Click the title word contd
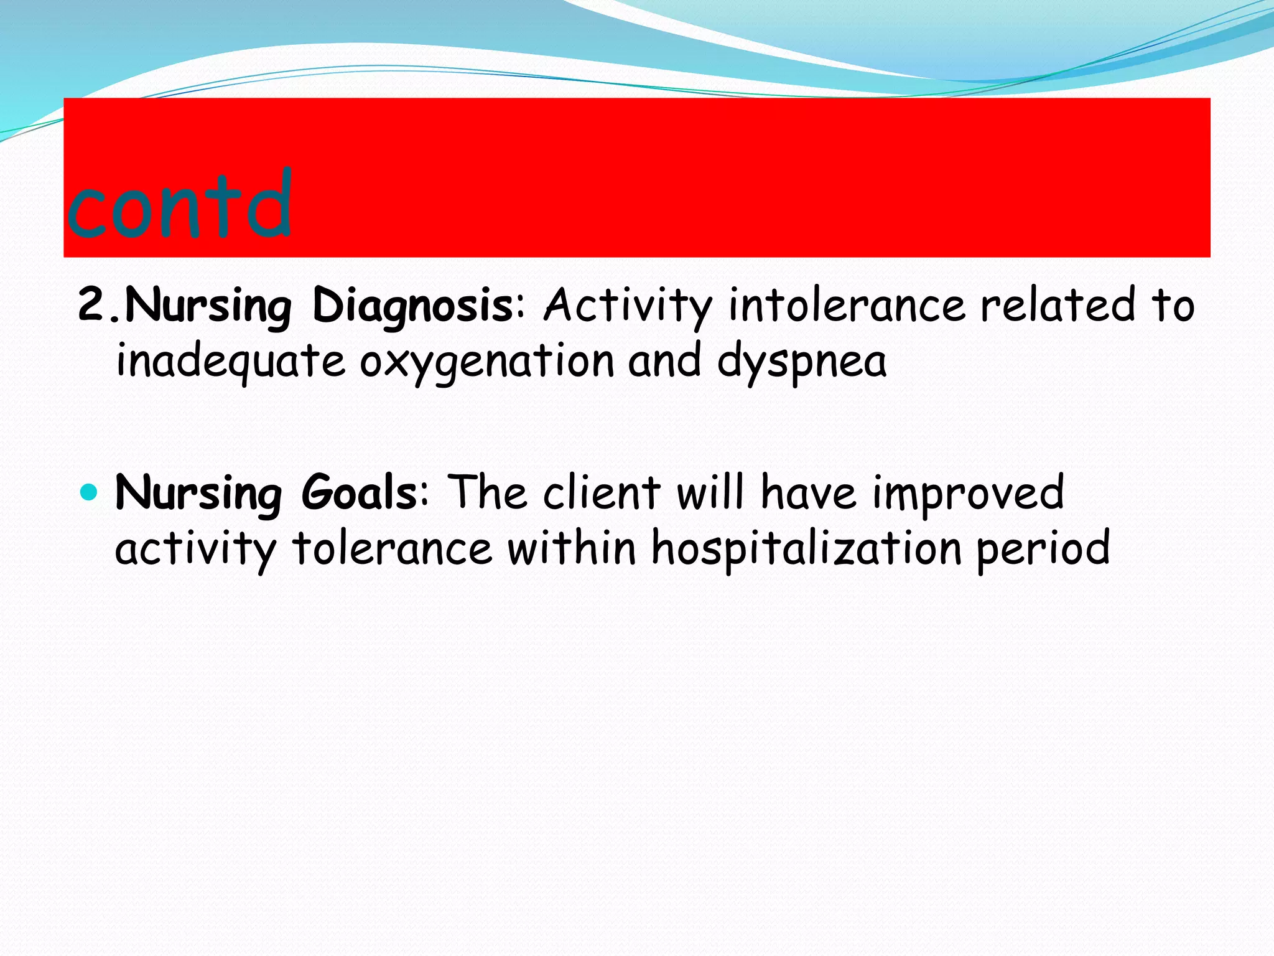click(179, 205)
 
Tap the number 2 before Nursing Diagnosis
click(93, 305)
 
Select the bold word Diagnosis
click(412, 306)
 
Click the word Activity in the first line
click(628, 306)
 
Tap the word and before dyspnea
click(664, 361)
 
